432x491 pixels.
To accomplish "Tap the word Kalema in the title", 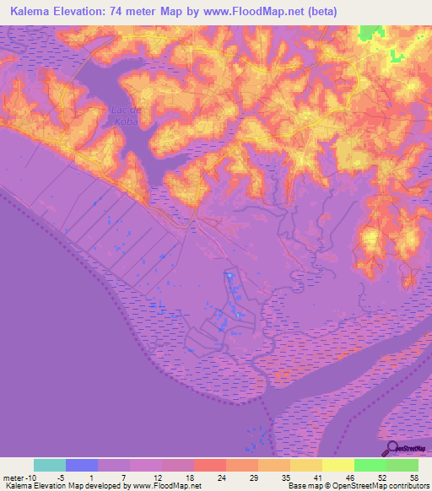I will click(x=29, y=10).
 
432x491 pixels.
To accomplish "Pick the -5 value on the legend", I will click(x=66, y=478).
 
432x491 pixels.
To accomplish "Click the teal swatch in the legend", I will click(x=50, y=465).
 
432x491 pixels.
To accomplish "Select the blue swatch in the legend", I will click(x=82, y=465).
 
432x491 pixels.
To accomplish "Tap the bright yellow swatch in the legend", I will click(x=337, y=465).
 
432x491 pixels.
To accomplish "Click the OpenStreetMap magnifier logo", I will click(x=393, y=449).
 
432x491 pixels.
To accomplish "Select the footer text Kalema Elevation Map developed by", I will click(x=59, y=486).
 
